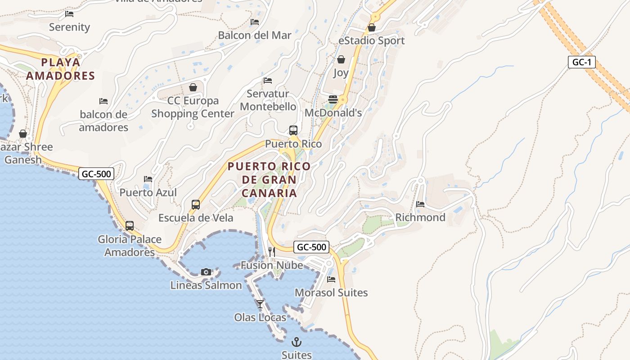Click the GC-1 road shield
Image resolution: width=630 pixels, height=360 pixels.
(x=581, y=62)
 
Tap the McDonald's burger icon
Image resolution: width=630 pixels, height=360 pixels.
(x=333, y=99)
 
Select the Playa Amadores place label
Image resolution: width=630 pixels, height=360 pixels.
(x=60, y=69)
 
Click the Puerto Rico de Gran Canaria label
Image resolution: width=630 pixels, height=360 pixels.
(x=269, y=180)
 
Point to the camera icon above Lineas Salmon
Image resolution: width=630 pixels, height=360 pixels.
(x=206, y=272)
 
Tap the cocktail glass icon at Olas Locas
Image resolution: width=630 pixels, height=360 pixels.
(x=260, y=304)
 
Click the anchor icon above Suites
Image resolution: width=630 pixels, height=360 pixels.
(x=296, y=342)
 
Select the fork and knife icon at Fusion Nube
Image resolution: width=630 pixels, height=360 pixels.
(x=272, y=252)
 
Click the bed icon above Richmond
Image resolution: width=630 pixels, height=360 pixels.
(x=420, y=204)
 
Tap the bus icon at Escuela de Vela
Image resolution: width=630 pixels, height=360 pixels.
(x=196, y=205)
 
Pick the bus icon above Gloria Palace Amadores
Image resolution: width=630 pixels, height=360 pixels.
(x=130, y=226)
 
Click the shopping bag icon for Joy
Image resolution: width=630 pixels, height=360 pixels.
(x=341, y=59)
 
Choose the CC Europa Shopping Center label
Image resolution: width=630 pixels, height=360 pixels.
(x=193, y=107)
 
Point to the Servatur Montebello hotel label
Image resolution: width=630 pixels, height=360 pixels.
(x=268, y=100)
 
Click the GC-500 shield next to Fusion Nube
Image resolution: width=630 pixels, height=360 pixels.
(x=311, y=247)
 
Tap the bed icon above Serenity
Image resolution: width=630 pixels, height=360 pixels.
(x=69, y=14)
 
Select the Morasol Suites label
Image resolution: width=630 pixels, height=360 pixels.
(x=331, y=292)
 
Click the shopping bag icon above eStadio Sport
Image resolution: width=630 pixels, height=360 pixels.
(x=371, y=28)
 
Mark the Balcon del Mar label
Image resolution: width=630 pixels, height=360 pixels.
(x=255, y=35)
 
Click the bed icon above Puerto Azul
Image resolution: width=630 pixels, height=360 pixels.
(x=148, y=179)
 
